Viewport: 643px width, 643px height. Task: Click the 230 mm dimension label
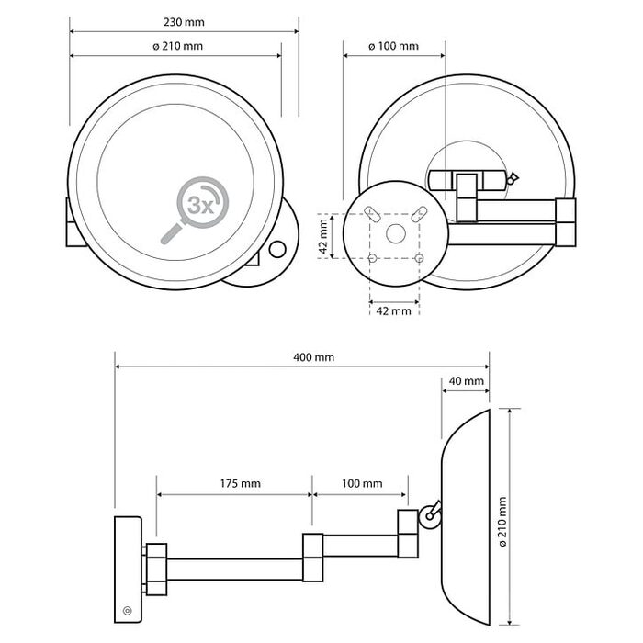coord(184,22)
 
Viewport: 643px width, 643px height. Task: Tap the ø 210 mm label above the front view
coord(177,46)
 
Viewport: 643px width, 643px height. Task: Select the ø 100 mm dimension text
coord(394,46)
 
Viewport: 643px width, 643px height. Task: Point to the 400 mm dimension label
coord(314,357)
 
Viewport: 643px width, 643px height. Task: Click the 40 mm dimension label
coord(467,381)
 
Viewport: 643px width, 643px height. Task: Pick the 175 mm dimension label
coord(241,483)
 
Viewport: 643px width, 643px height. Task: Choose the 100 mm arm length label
coord(362,483)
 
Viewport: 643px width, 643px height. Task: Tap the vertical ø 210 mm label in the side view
coord(502,521)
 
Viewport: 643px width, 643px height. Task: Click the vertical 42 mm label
coord(323,236)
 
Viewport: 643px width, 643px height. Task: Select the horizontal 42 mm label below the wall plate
coord(394,310)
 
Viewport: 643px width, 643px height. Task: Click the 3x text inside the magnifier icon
coord(200,205)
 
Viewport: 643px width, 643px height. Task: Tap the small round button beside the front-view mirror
coord(277,249)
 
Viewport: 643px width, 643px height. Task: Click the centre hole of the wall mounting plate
coord(396,233)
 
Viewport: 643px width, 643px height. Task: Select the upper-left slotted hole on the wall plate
coord(372,214)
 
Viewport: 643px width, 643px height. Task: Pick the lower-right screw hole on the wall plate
coord(419,258)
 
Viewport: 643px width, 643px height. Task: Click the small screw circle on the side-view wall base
coord(128,611)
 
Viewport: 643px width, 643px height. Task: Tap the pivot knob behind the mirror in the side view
coord(429,516)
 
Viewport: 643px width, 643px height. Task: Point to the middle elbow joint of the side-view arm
coord(313,558)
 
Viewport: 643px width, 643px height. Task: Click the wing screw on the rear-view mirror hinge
coord(512,179)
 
